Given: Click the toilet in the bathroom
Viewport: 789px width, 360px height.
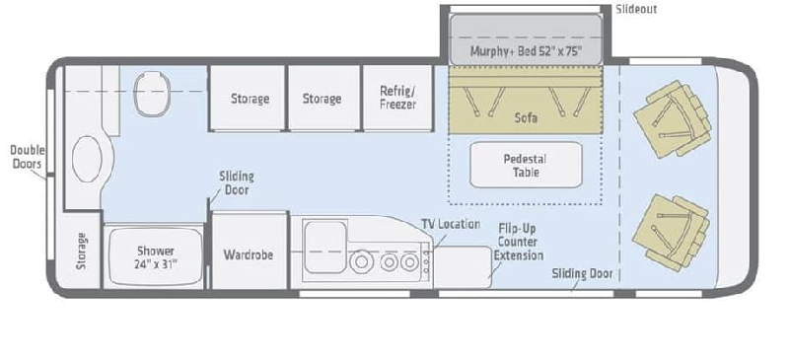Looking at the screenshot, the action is click(x=152, y=94).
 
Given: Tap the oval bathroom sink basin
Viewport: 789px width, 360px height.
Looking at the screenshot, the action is click(x=87, y=159).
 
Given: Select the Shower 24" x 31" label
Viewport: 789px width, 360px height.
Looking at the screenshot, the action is click(x=156, y=257).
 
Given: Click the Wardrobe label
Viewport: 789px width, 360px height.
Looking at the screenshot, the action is click(x=249, y=254).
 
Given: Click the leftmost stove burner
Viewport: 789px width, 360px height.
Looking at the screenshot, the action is click(x=361, y=262).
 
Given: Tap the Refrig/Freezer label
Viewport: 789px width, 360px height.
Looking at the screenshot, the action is click(x=397, y=98).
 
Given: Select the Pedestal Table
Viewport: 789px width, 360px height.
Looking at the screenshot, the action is click(x=526, y=165).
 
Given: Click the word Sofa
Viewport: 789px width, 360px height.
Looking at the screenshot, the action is click(x=526, y=117).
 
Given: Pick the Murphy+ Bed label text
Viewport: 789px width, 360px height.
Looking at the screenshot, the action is click(x=527, y=51).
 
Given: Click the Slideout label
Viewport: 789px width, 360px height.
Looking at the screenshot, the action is click(x=636, y=9).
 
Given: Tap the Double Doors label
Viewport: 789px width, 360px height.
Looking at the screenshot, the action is click(x=28, y=157).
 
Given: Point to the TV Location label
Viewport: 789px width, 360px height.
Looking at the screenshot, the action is click(x=451, y=224).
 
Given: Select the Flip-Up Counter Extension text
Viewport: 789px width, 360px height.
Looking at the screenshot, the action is click(x=519, y=243).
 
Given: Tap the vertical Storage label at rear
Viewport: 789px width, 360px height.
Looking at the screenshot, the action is click(x=82, y=251).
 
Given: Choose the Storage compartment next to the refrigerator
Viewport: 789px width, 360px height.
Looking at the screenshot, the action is click(x=323, y=98).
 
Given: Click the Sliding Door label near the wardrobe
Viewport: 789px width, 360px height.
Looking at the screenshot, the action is click(x=237, y=183).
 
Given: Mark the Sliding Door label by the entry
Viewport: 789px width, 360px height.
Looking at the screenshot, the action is click(x=582, y=273).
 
